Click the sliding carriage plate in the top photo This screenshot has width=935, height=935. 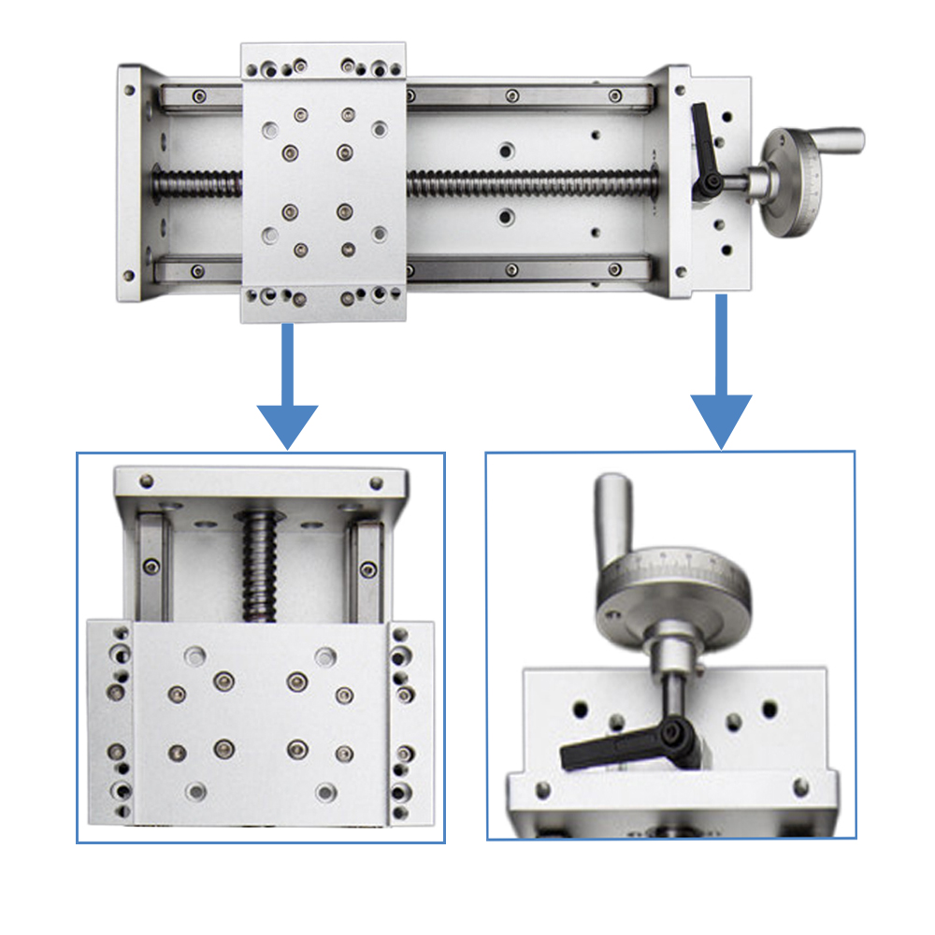coord(324,182)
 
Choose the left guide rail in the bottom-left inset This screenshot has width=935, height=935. coord(151,566)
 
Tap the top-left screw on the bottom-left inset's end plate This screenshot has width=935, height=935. coord(146,482)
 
